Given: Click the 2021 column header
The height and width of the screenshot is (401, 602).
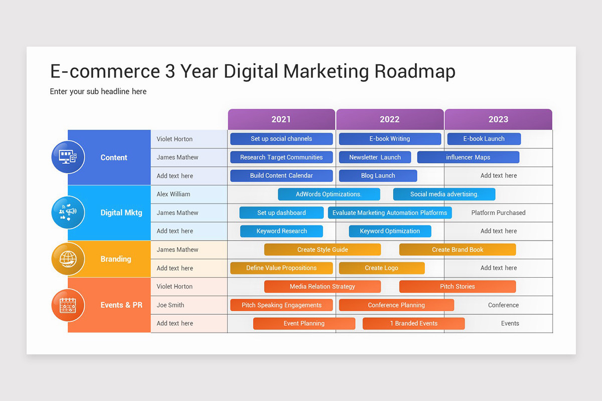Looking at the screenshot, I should point(281,119).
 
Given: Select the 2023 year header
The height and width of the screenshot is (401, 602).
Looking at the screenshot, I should point(498,119).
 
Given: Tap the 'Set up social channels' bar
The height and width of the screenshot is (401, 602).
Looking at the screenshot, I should point(281,139).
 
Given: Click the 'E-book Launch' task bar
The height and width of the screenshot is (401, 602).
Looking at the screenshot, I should point(484,139).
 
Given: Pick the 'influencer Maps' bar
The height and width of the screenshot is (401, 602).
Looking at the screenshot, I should point(468,157).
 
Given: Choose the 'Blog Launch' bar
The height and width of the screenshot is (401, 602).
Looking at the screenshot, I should point(378,176).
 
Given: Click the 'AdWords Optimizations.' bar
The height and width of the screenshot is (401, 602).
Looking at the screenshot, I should point(329,194).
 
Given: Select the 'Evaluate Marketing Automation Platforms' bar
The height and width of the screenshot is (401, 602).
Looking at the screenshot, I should point(390,213).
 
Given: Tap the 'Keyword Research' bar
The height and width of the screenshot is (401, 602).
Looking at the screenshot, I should point(281,231).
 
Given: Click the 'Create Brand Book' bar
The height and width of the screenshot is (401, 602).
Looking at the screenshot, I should point(458,250).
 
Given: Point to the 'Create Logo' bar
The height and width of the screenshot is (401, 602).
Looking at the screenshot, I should point(381,268).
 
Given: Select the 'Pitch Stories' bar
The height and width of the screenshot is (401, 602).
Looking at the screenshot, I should point(458,287).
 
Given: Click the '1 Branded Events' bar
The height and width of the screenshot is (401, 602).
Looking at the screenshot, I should point(413,323).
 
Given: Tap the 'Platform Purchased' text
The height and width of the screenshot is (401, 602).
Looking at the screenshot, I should point(498,213).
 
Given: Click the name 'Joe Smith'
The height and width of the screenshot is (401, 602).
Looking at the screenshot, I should point(170,305).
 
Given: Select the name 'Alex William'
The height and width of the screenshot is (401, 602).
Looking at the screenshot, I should point(173,194).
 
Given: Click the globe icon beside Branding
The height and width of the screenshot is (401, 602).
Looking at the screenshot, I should point(68,259).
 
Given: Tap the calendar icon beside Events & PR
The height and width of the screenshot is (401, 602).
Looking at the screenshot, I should point(68,305).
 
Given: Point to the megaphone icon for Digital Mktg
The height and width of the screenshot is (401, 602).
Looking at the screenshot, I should point(68,213).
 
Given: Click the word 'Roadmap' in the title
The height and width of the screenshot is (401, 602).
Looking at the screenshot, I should point(414,72).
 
